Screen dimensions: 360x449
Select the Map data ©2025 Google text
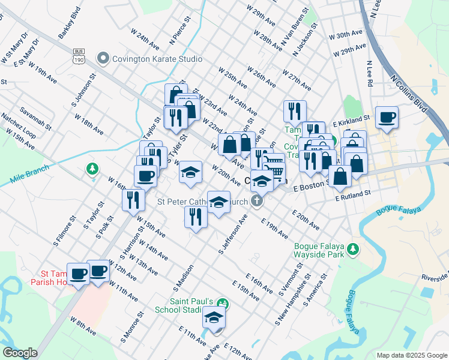click(412, 355)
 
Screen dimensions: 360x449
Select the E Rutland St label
click(354, 195)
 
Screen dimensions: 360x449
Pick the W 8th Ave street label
click(83, 326)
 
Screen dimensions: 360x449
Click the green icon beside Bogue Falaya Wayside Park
click(354, 248)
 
